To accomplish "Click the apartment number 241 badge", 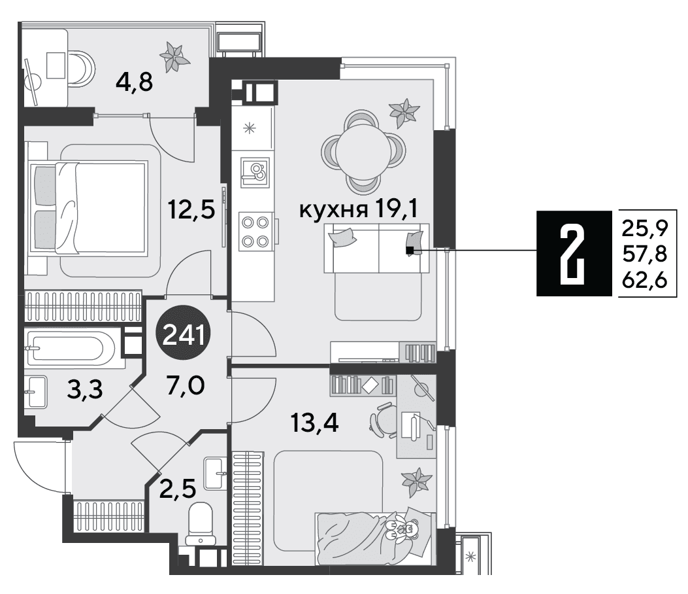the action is pos(184,332).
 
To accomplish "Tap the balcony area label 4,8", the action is pos(134,82).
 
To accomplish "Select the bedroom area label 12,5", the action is pos(191,209).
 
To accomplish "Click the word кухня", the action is pos(333,210).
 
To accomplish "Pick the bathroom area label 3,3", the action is pos(85,389).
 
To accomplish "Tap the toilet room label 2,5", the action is pos(178,489).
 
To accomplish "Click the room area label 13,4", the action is pos(315,423).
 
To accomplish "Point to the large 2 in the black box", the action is pos(572,254).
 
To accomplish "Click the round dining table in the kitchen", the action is pos(363,152).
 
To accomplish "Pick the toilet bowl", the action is pos(200,524).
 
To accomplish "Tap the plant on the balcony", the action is pos(174,56).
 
